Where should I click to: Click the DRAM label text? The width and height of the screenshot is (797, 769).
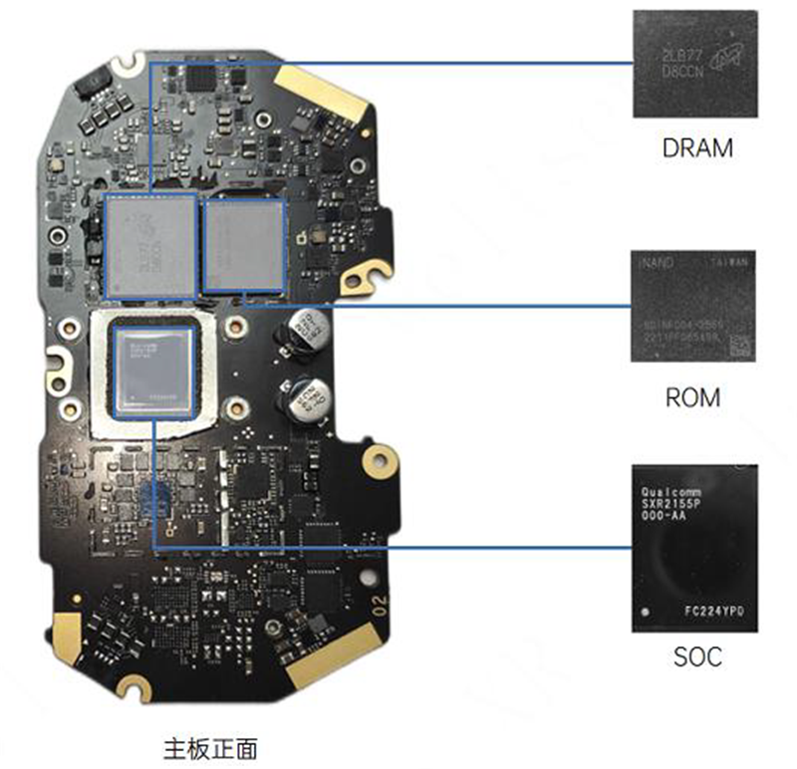click(x=696, y=149)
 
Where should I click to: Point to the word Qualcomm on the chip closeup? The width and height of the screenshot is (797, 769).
click(x=671, y=492)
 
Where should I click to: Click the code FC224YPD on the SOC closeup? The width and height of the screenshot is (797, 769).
click(x=714, y=606)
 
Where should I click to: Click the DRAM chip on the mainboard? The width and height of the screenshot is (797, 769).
click(x=150, y=246)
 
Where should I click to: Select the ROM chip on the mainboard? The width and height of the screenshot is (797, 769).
click(x=244, y=245)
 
